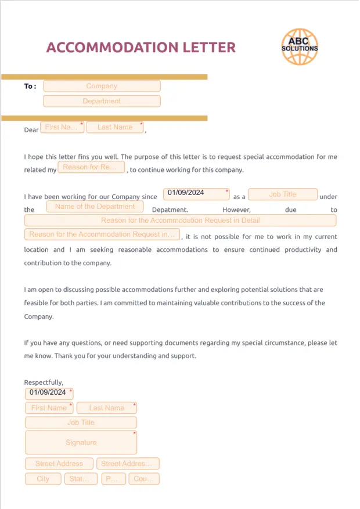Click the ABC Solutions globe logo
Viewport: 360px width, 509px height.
(300, 47)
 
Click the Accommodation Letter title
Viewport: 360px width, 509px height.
(141, 48)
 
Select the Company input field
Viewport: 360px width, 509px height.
(102, 86)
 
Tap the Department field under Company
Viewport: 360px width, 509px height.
(102, 101)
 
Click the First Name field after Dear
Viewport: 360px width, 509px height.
(63, 127)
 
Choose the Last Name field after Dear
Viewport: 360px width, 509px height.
(115, 127)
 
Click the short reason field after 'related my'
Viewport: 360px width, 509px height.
(91, 167)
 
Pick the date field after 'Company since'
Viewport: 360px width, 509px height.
(196, 193)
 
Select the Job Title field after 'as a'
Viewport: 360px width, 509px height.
(283, 194)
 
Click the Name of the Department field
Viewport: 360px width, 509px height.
(95, 207)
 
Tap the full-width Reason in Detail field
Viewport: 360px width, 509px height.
(180, 221)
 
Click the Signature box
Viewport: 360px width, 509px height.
(81, 442)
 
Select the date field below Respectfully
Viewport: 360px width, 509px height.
(49, 393)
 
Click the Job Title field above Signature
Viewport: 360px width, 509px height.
(81, 423)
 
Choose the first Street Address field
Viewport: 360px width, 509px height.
(59, 464)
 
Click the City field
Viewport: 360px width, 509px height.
(43, 479)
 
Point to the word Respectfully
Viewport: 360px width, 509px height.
(44, 382)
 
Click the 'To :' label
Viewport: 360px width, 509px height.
(30, 86)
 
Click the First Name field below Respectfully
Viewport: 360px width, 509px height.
(49, 408)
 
